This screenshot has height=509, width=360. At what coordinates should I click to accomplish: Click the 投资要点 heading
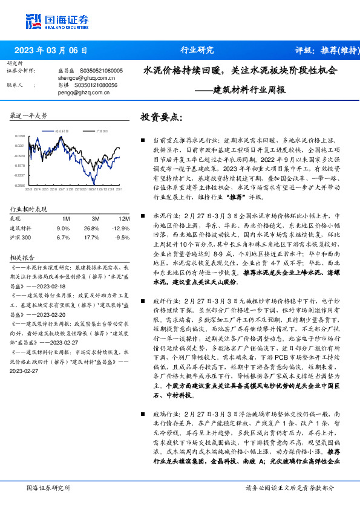(x=160, y=117)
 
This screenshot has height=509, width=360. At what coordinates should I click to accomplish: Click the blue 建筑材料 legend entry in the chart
(x=58, y=130)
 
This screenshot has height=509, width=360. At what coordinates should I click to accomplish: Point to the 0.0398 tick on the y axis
(x=20, y=137)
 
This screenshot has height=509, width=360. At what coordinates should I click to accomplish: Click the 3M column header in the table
(x=95, y=219)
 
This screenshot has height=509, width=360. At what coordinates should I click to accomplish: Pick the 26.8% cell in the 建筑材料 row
(x=91, y=228)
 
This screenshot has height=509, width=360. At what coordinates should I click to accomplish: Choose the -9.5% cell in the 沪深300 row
(x=122, y=238)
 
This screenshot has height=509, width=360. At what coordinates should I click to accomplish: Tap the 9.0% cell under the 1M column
(x=63, y=228)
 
